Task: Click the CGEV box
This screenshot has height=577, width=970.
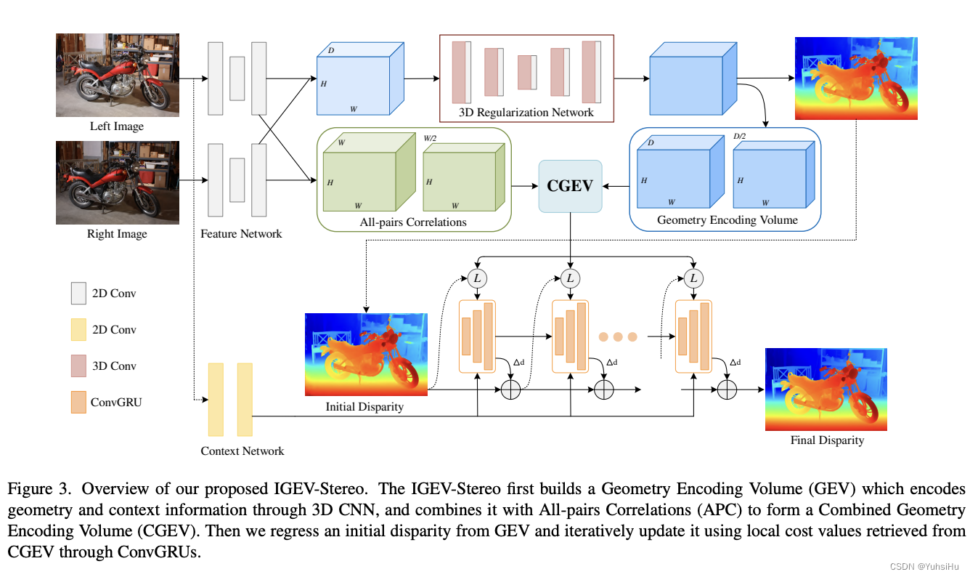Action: point(570,186)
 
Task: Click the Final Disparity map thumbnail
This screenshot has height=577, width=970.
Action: point(826,390)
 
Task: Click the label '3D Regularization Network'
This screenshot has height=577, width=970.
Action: point(526,112)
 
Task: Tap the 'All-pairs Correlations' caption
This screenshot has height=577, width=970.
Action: point(412,222)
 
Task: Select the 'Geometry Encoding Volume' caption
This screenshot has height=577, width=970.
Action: point(727,219)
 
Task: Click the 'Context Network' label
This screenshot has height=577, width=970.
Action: point(242,451)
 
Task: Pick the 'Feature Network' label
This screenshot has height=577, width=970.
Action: point(241,233)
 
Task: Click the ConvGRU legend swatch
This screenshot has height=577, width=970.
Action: point(78,402)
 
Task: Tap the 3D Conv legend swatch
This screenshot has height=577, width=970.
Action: point(78,366)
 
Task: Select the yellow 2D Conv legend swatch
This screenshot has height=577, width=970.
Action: point(78,330)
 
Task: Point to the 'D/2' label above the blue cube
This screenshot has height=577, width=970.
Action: point(740,136)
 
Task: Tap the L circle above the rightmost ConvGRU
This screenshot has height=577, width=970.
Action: point(694,278)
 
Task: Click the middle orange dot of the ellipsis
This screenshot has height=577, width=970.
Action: point(618,336)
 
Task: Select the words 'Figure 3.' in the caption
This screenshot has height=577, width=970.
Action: point(36,488)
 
